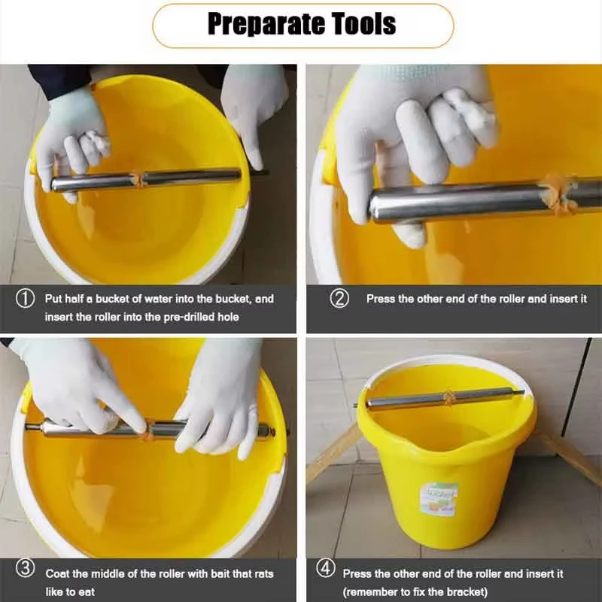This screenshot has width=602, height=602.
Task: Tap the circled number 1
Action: tap(26, 299)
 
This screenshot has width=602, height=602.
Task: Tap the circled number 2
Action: tap(340, 299)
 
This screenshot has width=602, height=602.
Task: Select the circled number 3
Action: tap(26, 569)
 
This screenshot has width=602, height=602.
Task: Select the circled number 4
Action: tap(326, 569)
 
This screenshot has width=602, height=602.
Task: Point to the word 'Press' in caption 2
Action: tap(380, 299)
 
